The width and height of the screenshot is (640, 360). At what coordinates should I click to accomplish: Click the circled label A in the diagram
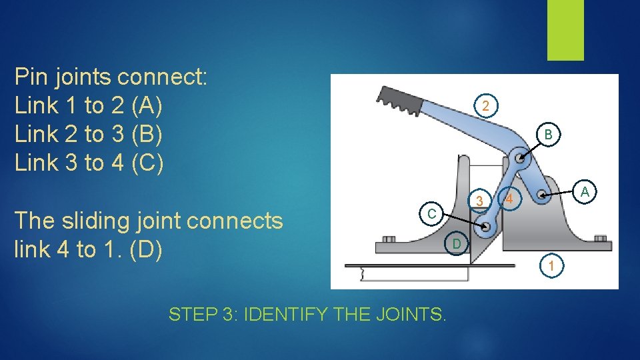point(585,192)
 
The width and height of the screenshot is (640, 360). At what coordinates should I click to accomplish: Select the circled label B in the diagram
point(547,135)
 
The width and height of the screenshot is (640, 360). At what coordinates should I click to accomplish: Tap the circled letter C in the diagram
point(431,214)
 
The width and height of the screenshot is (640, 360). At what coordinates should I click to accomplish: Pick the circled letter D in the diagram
point(456,245)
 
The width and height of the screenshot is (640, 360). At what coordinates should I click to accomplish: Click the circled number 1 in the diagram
point(552,266)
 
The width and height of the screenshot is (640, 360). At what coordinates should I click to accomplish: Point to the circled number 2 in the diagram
point(486,106)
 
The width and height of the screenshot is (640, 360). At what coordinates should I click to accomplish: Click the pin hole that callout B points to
point(518,159)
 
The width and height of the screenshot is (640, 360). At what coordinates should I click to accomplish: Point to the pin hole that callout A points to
point(542,196)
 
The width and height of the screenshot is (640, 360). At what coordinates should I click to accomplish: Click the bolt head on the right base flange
point(600,239)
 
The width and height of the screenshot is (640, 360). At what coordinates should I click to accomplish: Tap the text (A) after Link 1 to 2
point(147,105)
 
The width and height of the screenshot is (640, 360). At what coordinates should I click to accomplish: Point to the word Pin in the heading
point(30,77)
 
